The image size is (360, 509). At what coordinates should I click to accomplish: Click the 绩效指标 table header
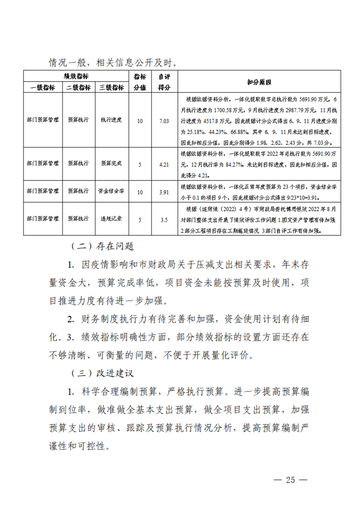[x=75, y=76]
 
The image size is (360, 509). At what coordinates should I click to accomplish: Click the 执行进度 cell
[x=111, y=121]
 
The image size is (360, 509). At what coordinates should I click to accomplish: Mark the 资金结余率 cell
[x=111, y=192]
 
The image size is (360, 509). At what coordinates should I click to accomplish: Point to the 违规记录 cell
[x=111, y=220]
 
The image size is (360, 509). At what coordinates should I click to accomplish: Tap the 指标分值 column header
[x=139, y=82]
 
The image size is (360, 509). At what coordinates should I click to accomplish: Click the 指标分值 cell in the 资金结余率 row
[x=139, y=192]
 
